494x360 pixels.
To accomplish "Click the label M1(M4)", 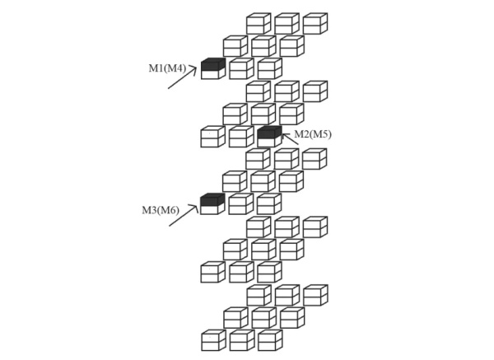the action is tap(167, 68).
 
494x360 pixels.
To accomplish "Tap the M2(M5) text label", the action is tap(313, 134).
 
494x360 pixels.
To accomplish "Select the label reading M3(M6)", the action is tap(161, 210).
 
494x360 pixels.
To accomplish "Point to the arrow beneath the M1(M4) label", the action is tap(183, 78).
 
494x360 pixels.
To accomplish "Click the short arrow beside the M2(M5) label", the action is tap(290, 139).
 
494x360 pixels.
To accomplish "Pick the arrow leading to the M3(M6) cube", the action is tap(184, 215).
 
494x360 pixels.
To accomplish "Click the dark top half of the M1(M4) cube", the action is tap(213, 64).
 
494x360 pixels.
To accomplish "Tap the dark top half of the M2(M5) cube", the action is tap(270, 132).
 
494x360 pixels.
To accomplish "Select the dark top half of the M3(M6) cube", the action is tap(212, 199).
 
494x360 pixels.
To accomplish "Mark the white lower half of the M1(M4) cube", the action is tap(213, 73).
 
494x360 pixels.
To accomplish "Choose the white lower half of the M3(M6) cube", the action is tap(212, 209).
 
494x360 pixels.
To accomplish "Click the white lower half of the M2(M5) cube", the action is tap(270, 142).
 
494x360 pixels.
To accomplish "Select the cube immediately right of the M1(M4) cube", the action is tap(241, 68).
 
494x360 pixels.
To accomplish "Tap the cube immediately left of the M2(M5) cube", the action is tap(241, 137).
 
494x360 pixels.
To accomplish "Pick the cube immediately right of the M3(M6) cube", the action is tap(241, 204).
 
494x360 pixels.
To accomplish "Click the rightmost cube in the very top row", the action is tap(315, 23).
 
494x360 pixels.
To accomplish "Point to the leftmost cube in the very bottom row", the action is tap(213, 340).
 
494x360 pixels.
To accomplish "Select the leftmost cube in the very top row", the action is tap(259, 23).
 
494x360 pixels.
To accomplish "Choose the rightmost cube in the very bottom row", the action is tap(270, 340).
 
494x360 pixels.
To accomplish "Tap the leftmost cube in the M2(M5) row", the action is tap(213, 137).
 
